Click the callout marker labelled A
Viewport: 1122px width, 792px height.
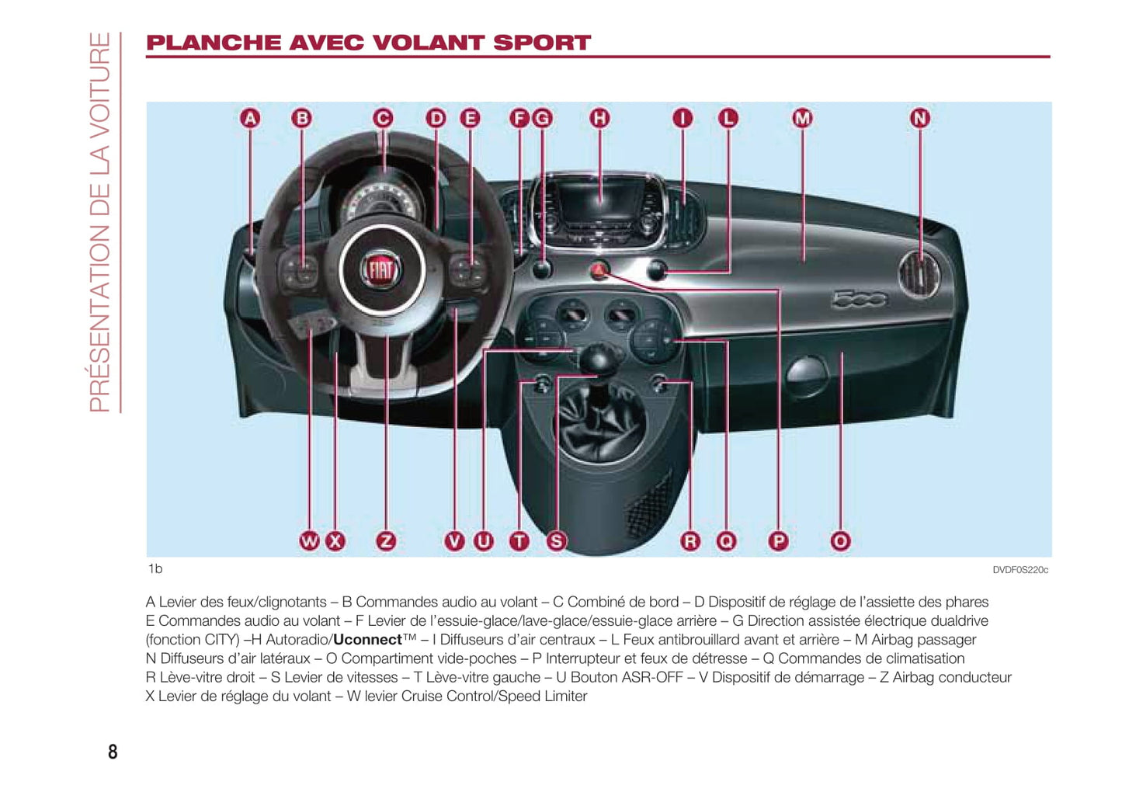pyautogui.click(x=250, y=118)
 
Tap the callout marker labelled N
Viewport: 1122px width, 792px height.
pyautogui.click(x=919, y=118)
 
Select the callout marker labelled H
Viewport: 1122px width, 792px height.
pyautogui.click(x=599, y=118)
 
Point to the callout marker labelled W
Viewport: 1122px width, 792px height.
pyautogui.click(x=309, y=541)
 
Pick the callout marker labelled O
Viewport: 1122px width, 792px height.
pyautogui.click(x=840, y=541)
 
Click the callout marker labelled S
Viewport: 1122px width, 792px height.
pyautogui.click(x=556, y=541)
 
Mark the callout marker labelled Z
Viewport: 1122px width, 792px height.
pyautogui.click(x=385, y=541)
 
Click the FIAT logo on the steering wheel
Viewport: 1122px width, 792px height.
pyautogui.click(x=380, y=270)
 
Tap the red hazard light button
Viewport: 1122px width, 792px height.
pyautogui.click(x=599, y=270)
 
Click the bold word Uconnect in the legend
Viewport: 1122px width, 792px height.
pyautogui.click(x=367, y=640)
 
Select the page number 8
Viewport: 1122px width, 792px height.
pyautogui.click(x=113, y=752)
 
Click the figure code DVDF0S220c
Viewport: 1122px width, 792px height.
pyautogui.click(x=1020, y=570)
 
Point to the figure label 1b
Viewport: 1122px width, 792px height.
pyautogui.click(x=155, y=569)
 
